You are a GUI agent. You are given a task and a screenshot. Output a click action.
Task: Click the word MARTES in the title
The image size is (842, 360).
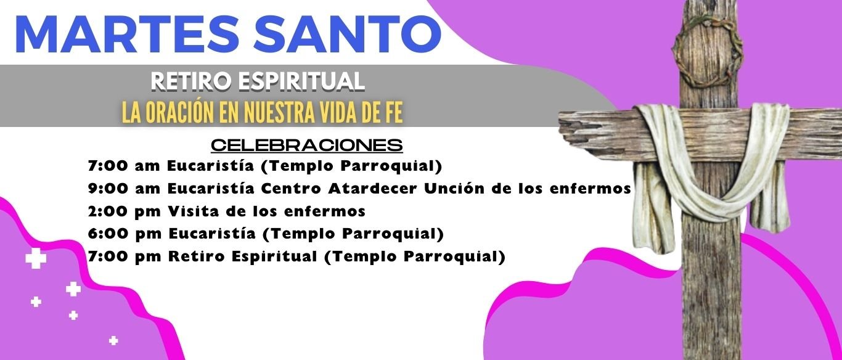(128, 34)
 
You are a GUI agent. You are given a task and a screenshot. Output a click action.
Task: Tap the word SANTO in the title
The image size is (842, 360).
(347, 34)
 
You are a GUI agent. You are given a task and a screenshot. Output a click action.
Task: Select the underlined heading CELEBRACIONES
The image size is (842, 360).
(307, 145)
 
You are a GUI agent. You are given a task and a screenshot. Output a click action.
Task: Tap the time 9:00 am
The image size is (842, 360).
(125, 188)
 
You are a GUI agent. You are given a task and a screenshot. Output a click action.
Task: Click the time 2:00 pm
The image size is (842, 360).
(125, 211)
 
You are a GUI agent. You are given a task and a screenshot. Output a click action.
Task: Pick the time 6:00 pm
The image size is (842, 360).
(125, 234)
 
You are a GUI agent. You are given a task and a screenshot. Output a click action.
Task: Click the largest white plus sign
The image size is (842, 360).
(36, 258)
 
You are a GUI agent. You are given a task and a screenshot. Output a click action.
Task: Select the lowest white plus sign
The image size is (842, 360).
(113, 341)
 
